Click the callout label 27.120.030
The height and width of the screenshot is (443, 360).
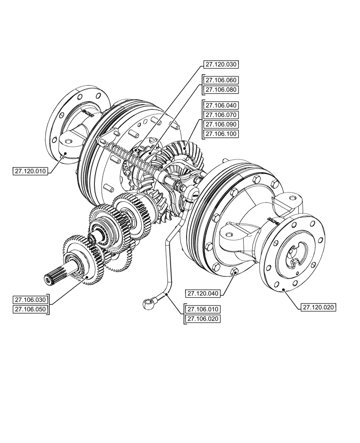221,64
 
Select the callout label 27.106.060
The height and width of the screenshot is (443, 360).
221,80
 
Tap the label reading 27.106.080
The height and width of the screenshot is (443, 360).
221,90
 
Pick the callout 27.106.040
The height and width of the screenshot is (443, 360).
221,105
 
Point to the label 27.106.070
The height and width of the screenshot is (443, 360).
221,115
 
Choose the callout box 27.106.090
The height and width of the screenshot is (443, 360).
221,124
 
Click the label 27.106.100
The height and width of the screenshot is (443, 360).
221,134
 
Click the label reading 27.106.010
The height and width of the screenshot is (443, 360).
203,309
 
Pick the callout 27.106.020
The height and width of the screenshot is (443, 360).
203,319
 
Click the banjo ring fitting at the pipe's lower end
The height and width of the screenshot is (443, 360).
147,303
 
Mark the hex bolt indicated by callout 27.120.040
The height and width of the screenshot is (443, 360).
235,271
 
